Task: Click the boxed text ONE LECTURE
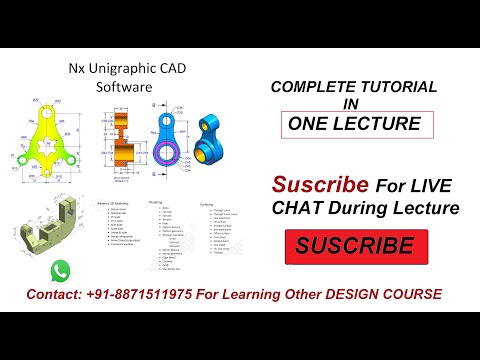(x=356, y=125)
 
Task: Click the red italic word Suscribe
(x=320, y=185)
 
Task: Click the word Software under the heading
(x=123, y=87)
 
